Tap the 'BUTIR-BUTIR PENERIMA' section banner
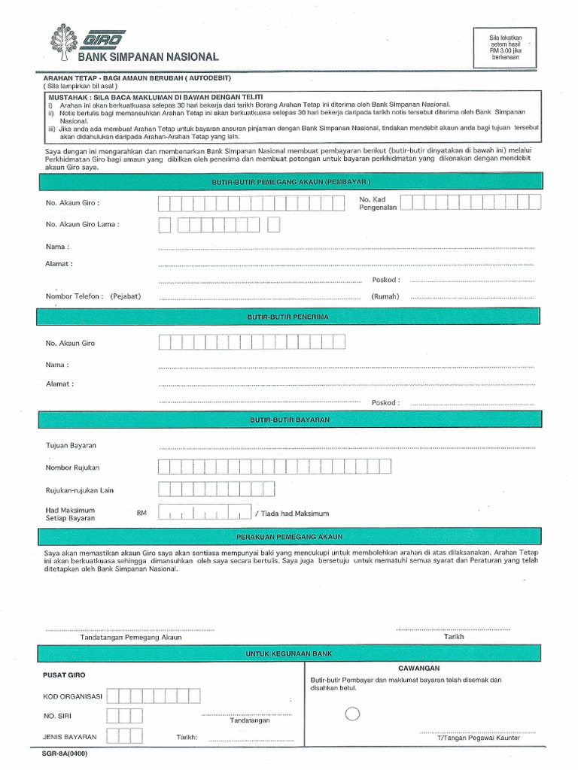(x=289, y=317)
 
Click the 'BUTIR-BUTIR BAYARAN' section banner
(x=289, y=419)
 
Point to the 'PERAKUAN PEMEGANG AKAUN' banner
(x=289, y=536)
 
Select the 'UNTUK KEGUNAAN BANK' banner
(x=289, y=654)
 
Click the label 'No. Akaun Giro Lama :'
(x=82, y=224)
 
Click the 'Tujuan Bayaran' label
(x=71, y=446)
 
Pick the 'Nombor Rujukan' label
(x=73, y=468)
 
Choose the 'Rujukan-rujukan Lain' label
(x=79, y=490)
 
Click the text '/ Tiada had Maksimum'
(x=292, y=514)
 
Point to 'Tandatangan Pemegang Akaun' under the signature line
(x=131, y=637)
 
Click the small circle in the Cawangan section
(x=352, y=714)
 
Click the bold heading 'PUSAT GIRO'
(x=65, y=675)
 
